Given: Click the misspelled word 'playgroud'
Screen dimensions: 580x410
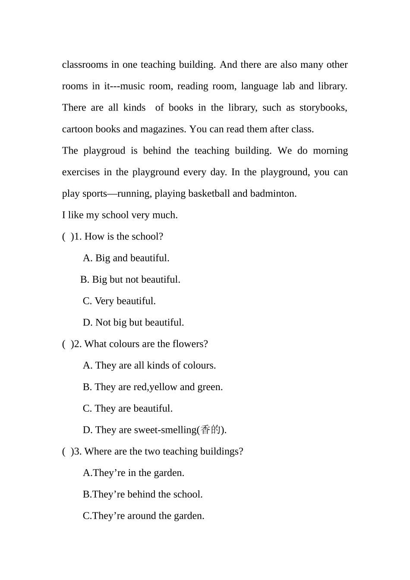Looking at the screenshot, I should [x=104, y=151].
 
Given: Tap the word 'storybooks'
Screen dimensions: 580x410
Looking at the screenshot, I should [x=323, y=107].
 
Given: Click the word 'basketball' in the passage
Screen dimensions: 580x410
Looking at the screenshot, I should [x=209, y=193].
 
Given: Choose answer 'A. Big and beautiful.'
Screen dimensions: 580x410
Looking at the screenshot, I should [x=126, y=258].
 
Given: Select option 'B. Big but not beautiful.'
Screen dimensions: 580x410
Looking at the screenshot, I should [x=130, y=280].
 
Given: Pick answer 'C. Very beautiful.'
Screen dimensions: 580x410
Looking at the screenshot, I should [x=119, y=301].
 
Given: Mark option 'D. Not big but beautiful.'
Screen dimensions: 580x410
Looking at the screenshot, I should [x=133, y=322].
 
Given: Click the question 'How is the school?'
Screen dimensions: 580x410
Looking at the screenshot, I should [x=123, y=236].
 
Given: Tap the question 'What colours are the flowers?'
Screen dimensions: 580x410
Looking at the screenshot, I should [x=146, y=344].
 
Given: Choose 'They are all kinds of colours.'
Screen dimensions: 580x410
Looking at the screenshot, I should [x=149, y=366].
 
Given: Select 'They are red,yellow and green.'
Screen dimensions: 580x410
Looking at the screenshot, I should [x=153, y=387].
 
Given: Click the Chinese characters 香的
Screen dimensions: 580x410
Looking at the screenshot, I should [x=211, y=430].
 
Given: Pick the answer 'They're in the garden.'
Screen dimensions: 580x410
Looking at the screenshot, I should [x=133, y=473].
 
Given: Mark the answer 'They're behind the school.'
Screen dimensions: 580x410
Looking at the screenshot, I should [x=142, y=495].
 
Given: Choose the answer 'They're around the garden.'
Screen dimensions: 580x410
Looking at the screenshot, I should [x=143, y=516].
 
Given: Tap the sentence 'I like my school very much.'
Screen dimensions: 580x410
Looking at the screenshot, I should [x=120, y=215].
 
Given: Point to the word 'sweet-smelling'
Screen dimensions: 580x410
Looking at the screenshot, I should [x=165, y=430].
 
